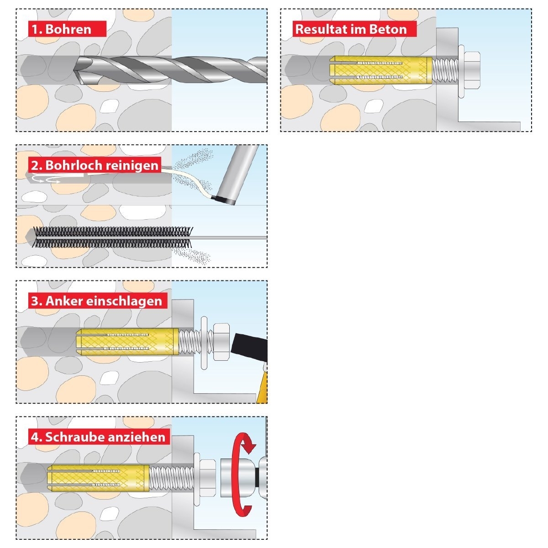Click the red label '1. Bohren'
pos(67,29)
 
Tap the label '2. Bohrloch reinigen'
pos(95,165)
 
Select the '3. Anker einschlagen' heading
pos(98,300)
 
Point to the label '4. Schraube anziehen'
pos(99,437)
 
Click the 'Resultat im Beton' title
pos(354,29)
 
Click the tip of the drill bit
pos(74,70)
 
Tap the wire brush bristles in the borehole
pos(112,237)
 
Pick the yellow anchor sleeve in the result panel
pos(380,70)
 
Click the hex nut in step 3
pos(221,342)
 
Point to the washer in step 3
pos(204,342)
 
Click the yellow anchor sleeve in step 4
pos(98,478)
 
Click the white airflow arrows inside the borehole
pos(46,179)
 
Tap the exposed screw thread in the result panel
pos(445,70)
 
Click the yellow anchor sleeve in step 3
pos(128,342)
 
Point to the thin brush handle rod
pos(230,237)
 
